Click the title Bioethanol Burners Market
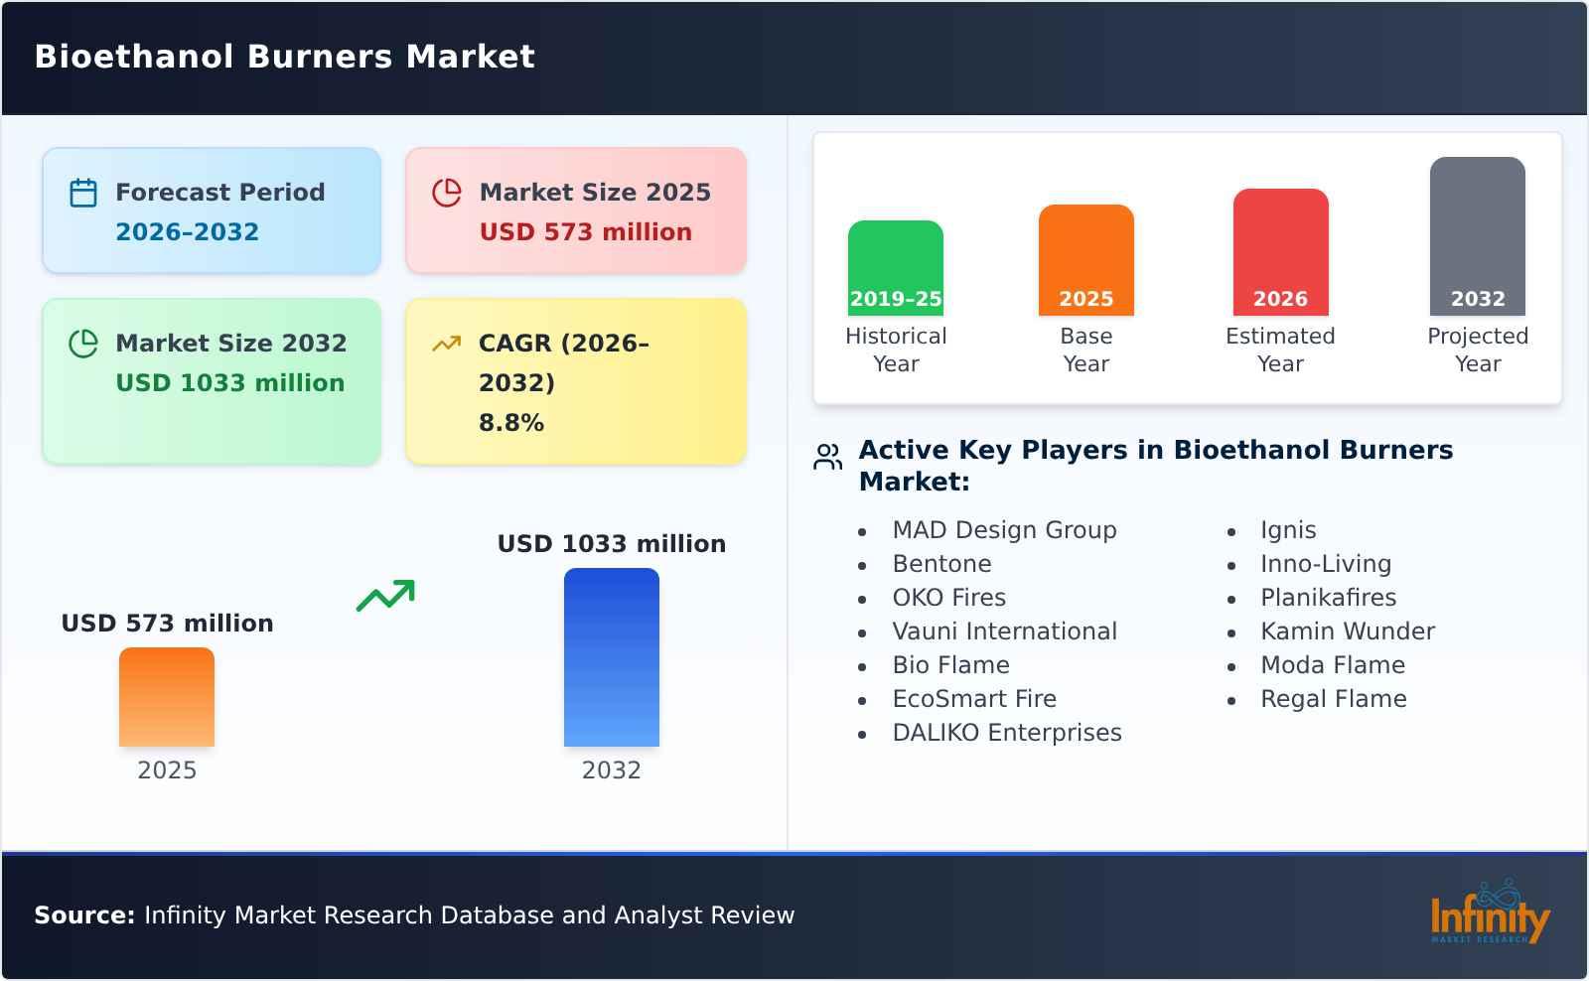[x=284, y=57]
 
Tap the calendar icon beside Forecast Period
[x=83, y=193]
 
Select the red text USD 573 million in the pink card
[x=585, y=232]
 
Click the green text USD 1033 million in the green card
[x=229, y=383]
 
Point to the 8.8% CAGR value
[x=510, y=423]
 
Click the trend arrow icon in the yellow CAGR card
[x=446, y=344]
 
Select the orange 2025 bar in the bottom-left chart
[x=167, y=697]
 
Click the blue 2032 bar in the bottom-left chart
[x=611, y=657]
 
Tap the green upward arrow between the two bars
[x=385, y=596]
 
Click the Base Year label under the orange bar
[x=1085, y=350]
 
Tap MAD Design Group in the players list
[x=1004, y=530]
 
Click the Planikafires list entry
[x=1328, y=598]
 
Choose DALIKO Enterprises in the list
[x=1006, y=733]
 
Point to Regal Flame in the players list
[x=1333, y=699]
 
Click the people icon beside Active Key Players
[x=827, y=457]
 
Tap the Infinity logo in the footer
[x=1489, y=914]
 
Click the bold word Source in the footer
[x=83, y=915]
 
